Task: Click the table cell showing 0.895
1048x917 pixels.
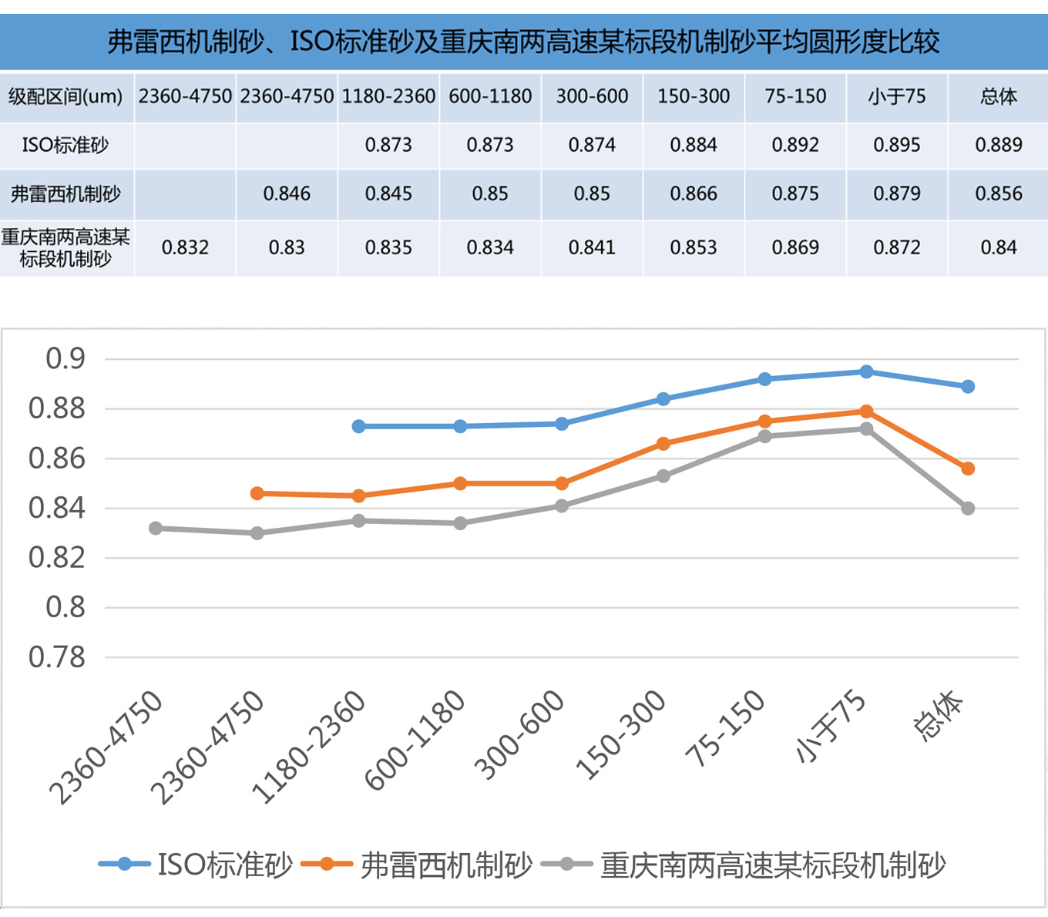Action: coord(896,145)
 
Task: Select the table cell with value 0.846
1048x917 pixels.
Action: coord(287,193)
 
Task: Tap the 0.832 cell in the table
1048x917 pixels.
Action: coord(185,247)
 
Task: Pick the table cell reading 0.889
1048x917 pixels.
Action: coord(998,145)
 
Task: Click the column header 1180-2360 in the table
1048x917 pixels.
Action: coord(388,96)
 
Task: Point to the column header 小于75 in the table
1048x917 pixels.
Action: coord(896,96)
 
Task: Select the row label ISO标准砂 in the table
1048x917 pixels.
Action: coord(65,145)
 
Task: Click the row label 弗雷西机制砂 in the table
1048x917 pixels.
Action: coord(65,193)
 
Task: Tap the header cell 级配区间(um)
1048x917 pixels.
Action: coord(65,96)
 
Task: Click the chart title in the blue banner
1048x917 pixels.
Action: coord(524,41)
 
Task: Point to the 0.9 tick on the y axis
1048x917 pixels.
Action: coord(65,358)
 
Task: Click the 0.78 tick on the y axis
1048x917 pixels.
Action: coord(58,657)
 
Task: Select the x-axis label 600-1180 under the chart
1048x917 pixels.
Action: coord(417,740)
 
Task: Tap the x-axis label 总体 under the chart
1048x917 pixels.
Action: coord(939,716)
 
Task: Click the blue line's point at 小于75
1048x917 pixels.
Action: coord(866,372)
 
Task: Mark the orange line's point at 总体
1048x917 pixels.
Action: coord(968,469)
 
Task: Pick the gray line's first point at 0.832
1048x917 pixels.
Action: coord(156,529)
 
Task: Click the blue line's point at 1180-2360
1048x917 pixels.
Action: coord(358,426)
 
